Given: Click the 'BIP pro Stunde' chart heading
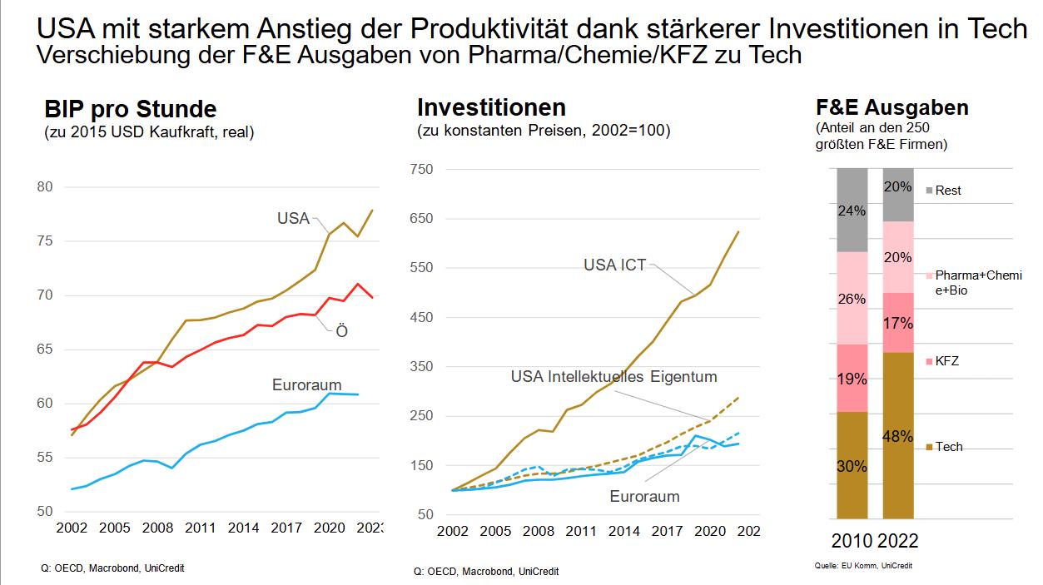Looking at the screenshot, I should point(130,109).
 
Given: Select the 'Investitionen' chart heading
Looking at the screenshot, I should point(491,107).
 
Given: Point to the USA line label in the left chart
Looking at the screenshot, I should point(293,219).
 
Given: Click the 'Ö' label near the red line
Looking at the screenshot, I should point(341,331).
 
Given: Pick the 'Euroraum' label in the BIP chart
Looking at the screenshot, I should point(306,385).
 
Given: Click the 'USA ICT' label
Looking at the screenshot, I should point(614,266).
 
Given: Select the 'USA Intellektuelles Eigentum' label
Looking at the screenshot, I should point(613,377).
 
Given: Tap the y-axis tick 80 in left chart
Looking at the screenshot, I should point(45,187).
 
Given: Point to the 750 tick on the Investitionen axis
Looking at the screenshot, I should point(422,170).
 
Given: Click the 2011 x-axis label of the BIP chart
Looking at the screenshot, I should point(200,528).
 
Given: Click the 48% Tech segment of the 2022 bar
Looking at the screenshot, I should point(898,435).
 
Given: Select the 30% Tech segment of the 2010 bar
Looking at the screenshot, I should point(851,465).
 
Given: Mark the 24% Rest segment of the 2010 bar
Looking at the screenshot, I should point(851,210).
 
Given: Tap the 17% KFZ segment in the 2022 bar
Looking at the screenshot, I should point(898,323).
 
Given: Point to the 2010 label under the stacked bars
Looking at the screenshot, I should point(852,541).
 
